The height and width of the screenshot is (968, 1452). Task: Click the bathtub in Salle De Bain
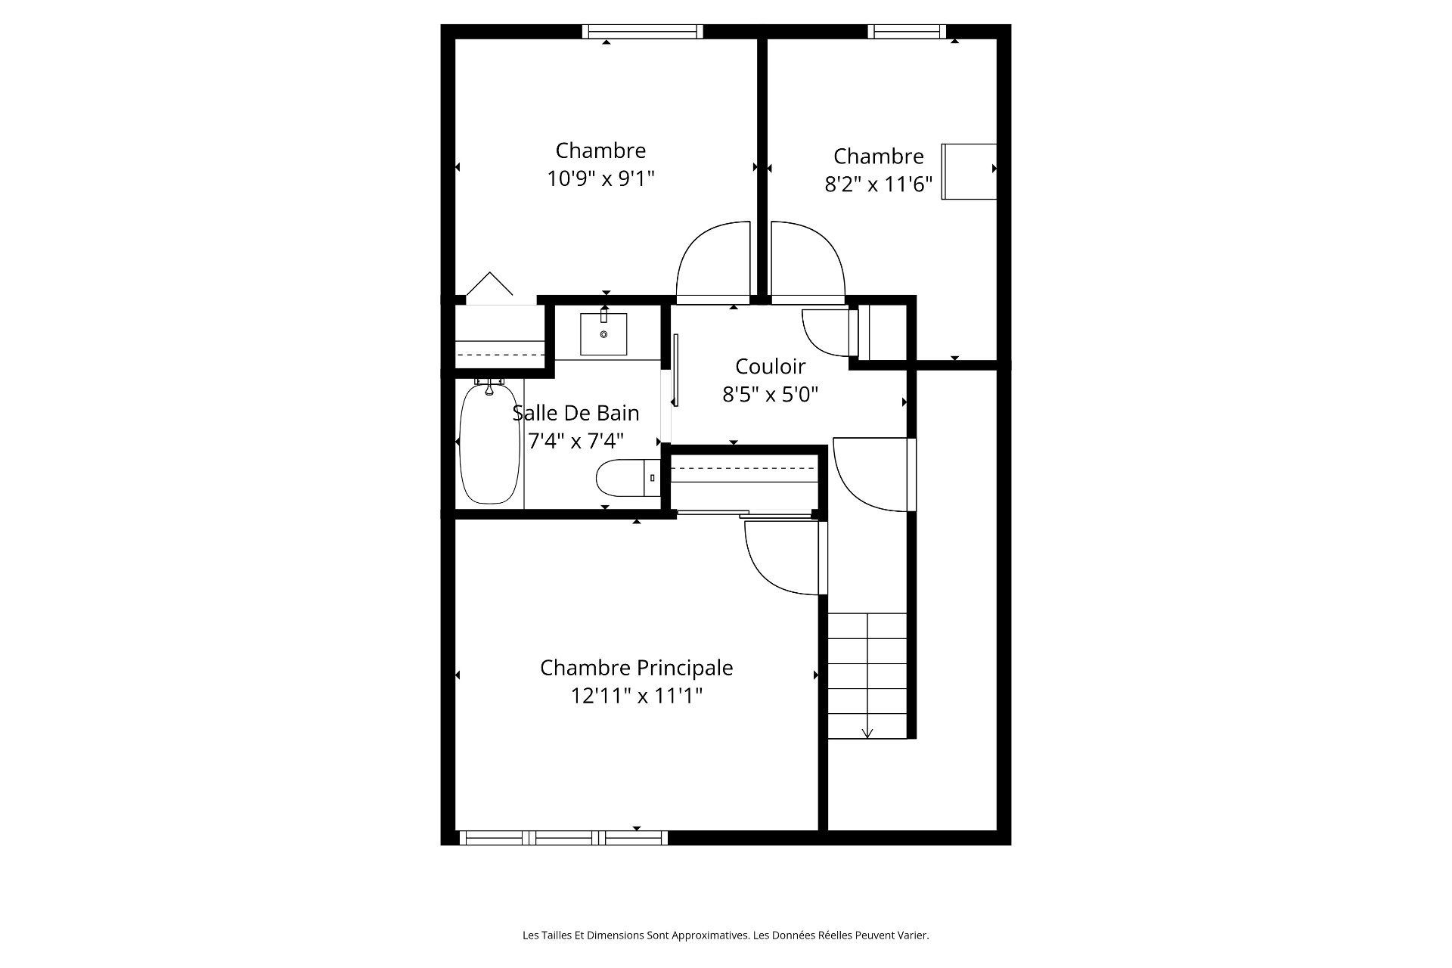(489, 442)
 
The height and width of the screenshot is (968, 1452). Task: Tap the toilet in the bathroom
(628, 478)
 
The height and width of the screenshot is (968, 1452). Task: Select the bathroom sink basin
(603, 334)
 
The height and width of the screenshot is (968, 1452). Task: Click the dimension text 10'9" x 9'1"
(600, 179)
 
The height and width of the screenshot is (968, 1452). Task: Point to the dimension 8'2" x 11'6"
(878, 185)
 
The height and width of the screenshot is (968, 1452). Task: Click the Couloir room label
(770, 366)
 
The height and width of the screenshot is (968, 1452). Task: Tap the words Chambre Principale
(636, 668)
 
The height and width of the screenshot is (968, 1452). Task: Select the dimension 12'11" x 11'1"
(636, 696)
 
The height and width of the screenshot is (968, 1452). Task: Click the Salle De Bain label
(576, 413)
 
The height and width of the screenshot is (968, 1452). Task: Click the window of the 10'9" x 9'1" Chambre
(643, 31)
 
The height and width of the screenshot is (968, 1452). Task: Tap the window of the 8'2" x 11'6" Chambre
(907, 31)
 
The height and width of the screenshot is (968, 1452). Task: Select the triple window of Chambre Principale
(563, 837)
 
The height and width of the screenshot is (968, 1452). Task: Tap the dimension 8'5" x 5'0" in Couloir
(770, 394)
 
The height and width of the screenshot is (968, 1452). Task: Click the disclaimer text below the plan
(725, 935)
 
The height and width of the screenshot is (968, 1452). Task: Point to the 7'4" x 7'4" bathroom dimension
(576, 441)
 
